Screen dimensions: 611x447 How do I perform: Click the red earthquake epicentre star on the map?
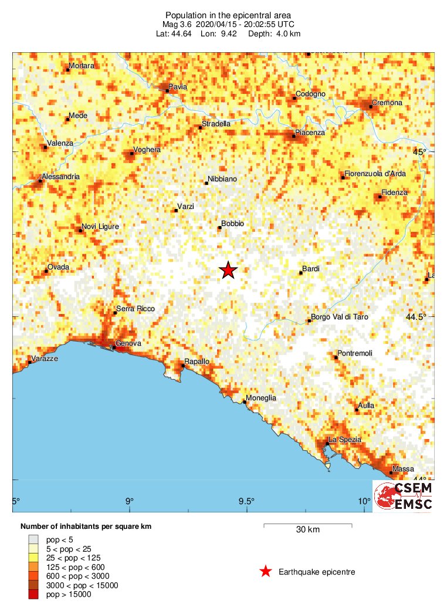pyautogui.click(x=228, y=270)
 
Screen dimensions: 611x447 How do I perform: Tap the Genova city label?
pyautogui.click(x=127, y=343)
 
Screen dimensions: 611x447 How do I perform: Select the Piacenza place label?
pyautogui.click(x=310, y=133)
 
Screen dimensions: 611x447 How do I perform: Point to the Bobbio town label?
pyautogui.click(x=232, y=224)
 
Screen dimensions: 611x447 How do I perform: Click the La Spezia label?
pyautogui.click(x=345, y=440)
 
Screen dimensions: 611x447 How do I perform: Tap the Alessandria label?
pyautogui.click(x=60, y=177)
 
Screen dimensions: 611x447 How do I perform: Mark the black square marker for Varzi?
pyautogui.click(x=177, y=210)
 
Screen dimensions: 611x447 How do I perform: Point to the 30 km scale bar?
pyautogui.click(x=307, y=524)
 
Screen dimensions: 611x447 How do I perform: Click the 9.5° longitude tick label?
pyautogui.click(x=246, y=501)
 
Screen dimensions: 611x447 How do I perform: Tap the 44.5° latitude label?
pyautogui.click(x=416, y=317)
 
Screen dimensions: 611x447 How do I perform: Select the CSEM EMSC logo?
pyautogui.click(x=404, y=497)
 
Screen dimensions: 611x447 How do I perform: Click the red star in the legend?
pyautogui.click(x=266, y=571)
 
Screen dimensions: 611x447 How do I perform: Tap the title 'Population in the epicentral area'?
pyautogui.click(x=228, y=15)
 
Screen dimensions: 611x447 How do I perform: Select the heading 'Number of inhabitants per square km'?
pyautogui.click(x=86, y=526)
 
